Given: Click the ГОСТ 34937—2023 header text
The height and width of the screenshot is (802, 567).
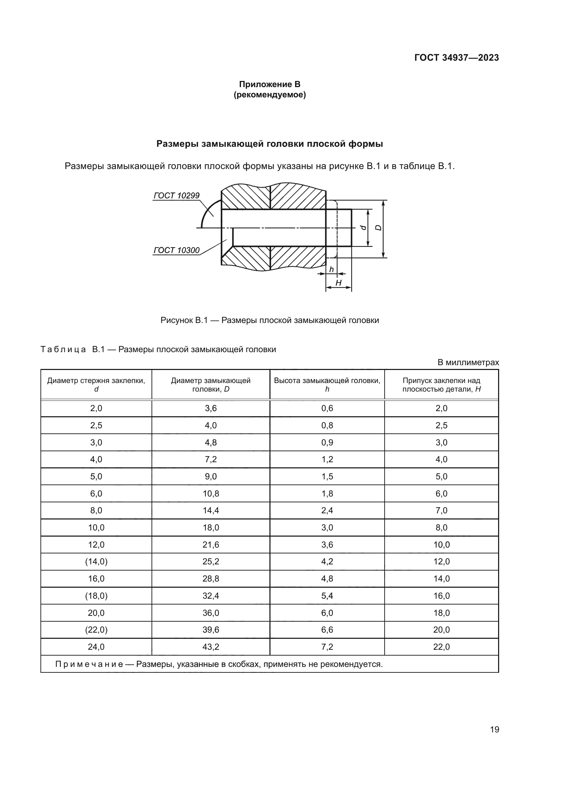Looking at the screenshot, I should tap(456, 58).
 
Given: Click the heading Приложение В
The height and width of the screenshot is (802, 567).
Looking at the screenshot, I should tap(269, 84).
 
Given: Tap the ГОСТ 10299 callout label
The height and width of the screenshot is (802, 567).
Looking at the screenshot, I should tap(176, 195).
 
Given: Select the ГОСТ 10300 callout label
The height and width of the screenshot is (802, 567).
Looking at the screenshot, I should tap(176, 250).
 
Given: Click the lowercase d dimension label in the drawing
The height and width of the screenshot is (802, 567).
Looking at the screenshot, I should tap(363, 228).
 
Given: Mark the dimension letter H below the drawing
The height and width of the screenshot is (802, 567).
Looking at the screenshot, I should tap(338, 283).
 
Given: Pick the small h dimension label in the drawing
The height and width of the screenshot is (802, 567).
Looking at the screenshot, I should tap(331, 269).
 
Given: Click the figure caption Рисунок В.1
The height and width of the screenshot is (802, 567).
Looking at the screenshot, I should tap(269, 320).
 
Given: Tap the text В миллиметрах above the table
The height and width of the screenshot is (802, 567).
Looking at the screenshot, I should tap(468, 362).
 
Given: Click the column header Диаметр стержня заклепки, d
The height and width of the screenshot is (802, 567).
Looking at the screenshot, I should tap(96, 385).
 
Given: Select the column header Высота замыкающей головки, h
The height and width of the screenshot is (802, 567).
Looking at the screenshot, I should tap(327, 385).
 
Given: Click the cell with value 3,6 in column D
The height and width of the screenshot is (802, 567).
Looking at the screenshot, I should tap(210, 408).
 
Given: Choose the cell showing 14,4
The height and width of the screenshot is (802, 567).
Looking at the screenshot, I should tap(210, 510).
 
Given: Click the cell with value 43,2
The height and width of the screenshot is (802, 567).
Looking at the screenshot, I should tap(210, 647).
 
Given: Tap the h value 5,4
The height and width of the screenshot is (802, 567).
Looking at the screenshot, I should tap(327, 596).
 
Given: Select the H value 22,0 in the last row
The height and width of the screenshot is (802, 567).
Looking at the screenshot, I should tap(441, 647).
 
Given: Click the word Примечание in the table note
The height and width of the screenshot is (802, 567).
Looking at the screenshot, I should tap(89, 664).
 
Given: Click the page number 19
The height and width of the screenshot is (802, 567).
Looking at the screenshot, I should tap(494, 729).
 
